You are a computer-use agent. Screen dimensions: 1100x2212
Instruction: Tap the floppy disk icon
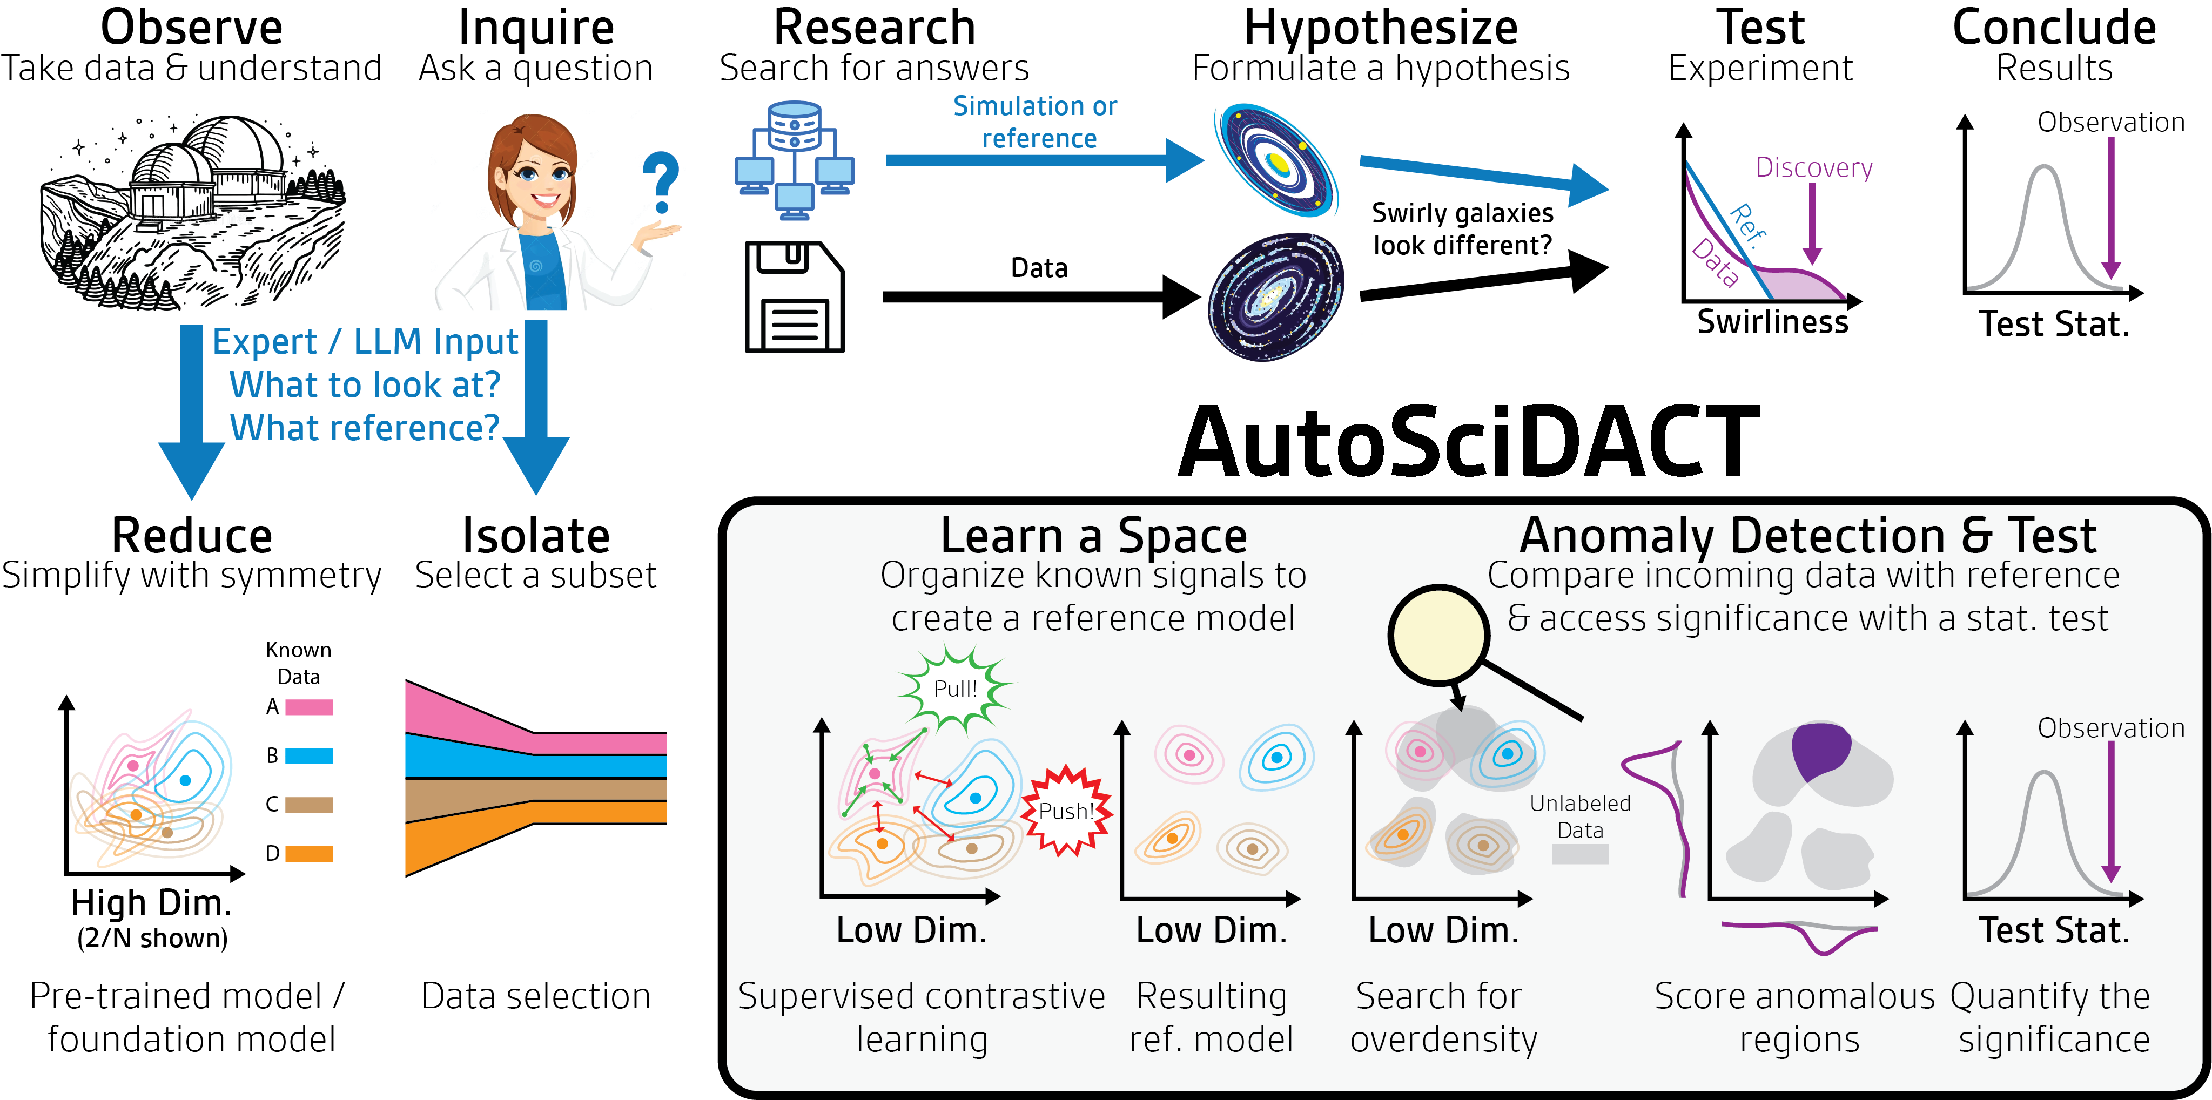coord(794,297)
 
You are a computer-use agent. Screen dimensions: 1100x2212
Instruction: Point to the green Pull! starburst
coord(956,688)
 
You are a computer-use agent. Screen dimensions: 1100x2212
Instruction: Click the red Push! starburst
coord(1066,811)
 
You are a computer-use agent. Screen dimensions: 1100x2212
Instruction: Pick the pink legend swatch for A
coord(308,707)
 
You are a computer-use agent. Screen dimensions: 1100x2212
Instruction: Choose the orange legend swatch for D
coord(308,854)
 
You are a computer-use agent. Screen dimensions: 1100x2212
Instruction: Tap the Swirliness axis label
coord(1772,322)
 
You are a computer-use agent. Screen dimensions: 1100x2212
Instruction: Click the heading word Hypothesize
coord(1380,28)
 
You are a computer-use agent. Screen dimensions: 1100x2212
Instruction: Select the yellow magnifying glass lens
coord(1438,636)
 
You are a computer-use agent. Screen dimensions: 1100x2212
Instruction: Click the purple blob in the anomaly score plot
coord(1820,750)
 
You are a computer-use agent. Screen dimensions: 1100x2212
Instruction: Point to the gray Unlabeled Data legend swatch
coord(1580,854)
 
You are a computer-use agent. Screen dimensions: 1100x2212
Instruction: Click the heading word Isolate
coord(536,537)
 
